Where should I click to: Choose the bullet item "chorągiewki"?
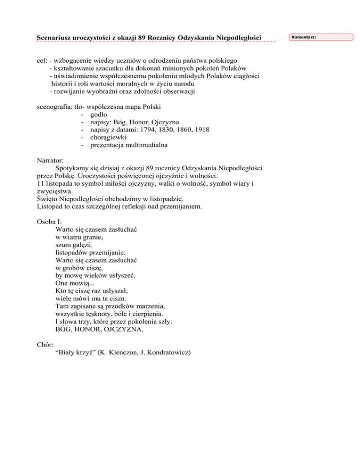point(108,137)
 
